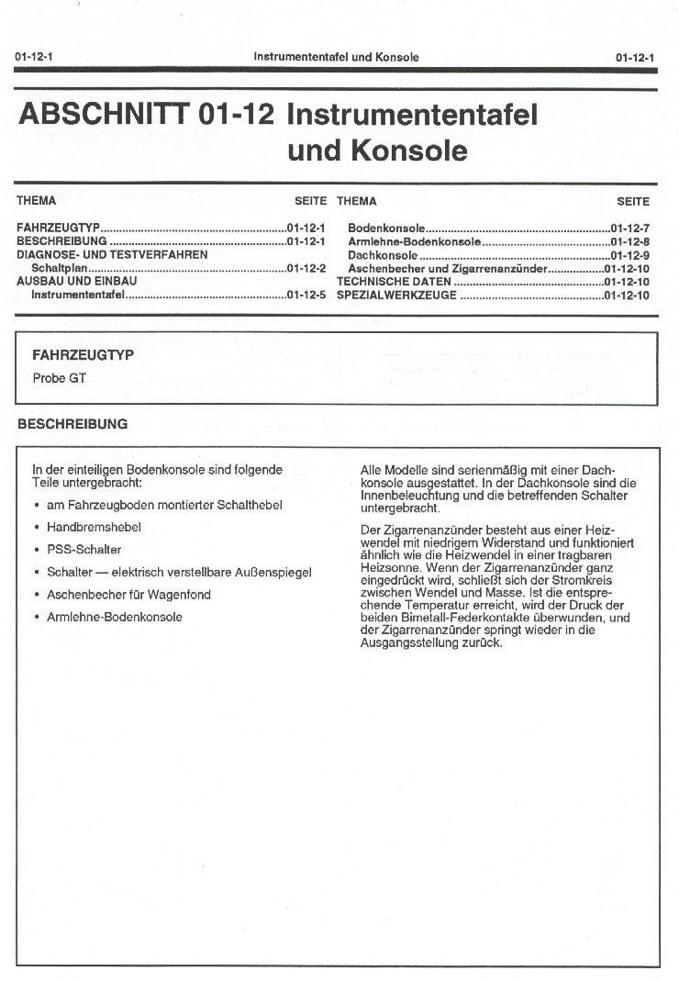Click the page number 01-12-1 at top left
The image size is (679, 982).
pyautogui.click(x=33, y=57)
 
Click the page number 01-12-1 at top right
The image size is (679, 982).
pyautogui.click(x=635, y=57)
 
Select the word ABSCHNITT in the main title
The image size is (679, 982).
pyautogui.click(x=104, y=116)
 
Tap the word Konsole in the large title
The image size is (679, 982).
pyautogui.click(x=409, y=151)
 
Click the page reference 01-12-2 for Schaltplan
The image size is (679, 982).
pyautogui.click(x=306, y=268)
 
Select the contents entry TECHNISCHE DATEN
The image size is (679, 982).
pyautogui.click(x=394, y=282)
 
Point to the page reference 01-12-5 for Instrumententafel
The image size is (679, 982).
pyautogui.click(x=306, y=296)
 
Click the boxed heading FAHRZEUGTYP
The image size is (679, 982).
pyautogui.click(x=83, y=355)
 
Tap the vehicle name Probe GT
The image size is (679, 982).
pyautogui.click(x=59, y=378)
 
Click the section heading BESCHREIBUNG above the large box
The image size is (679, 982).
pyautogui.click(x=72, y=425)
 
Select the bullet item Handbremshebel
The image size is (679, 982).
pyautogui.click(x=94, y=528)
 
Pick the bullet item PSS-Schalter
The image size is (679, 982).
pyautogui.click(x=83, y=550)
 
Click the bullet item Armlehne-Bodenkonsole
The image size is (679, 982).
pyautogui.click(x=114, y=617)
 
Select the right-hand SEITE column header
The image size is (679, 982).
pyautogui.click(x=633, y=201)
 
